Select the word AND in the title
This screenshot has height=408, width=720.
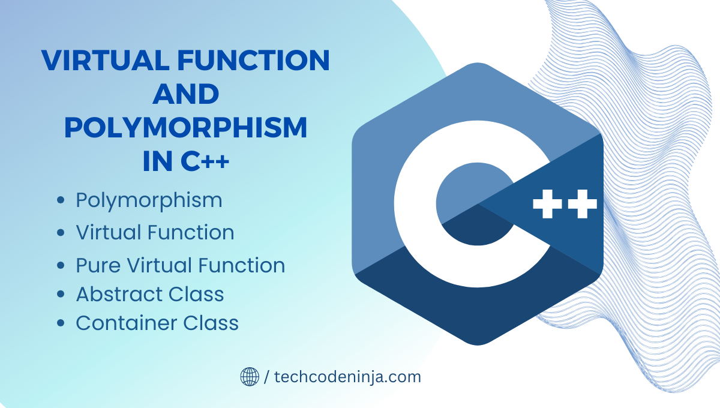tap(185, 94)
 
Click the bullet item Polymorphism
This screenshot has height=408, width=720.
tap(149, 200)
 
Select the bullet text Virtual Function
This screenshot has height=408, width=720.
tap(155, 233)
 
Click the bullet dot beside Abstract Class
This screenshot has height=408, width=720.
tap(60, 295)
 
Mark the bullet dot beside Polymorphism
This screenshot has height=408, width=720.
tap(60, 201)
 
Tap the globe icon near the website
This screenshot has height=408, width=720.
tap(250, 377)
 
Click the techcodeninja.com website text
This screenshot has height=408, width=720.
tap(347, 377)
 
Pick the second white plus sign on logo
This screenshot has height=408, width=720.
tap(582, 205)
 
